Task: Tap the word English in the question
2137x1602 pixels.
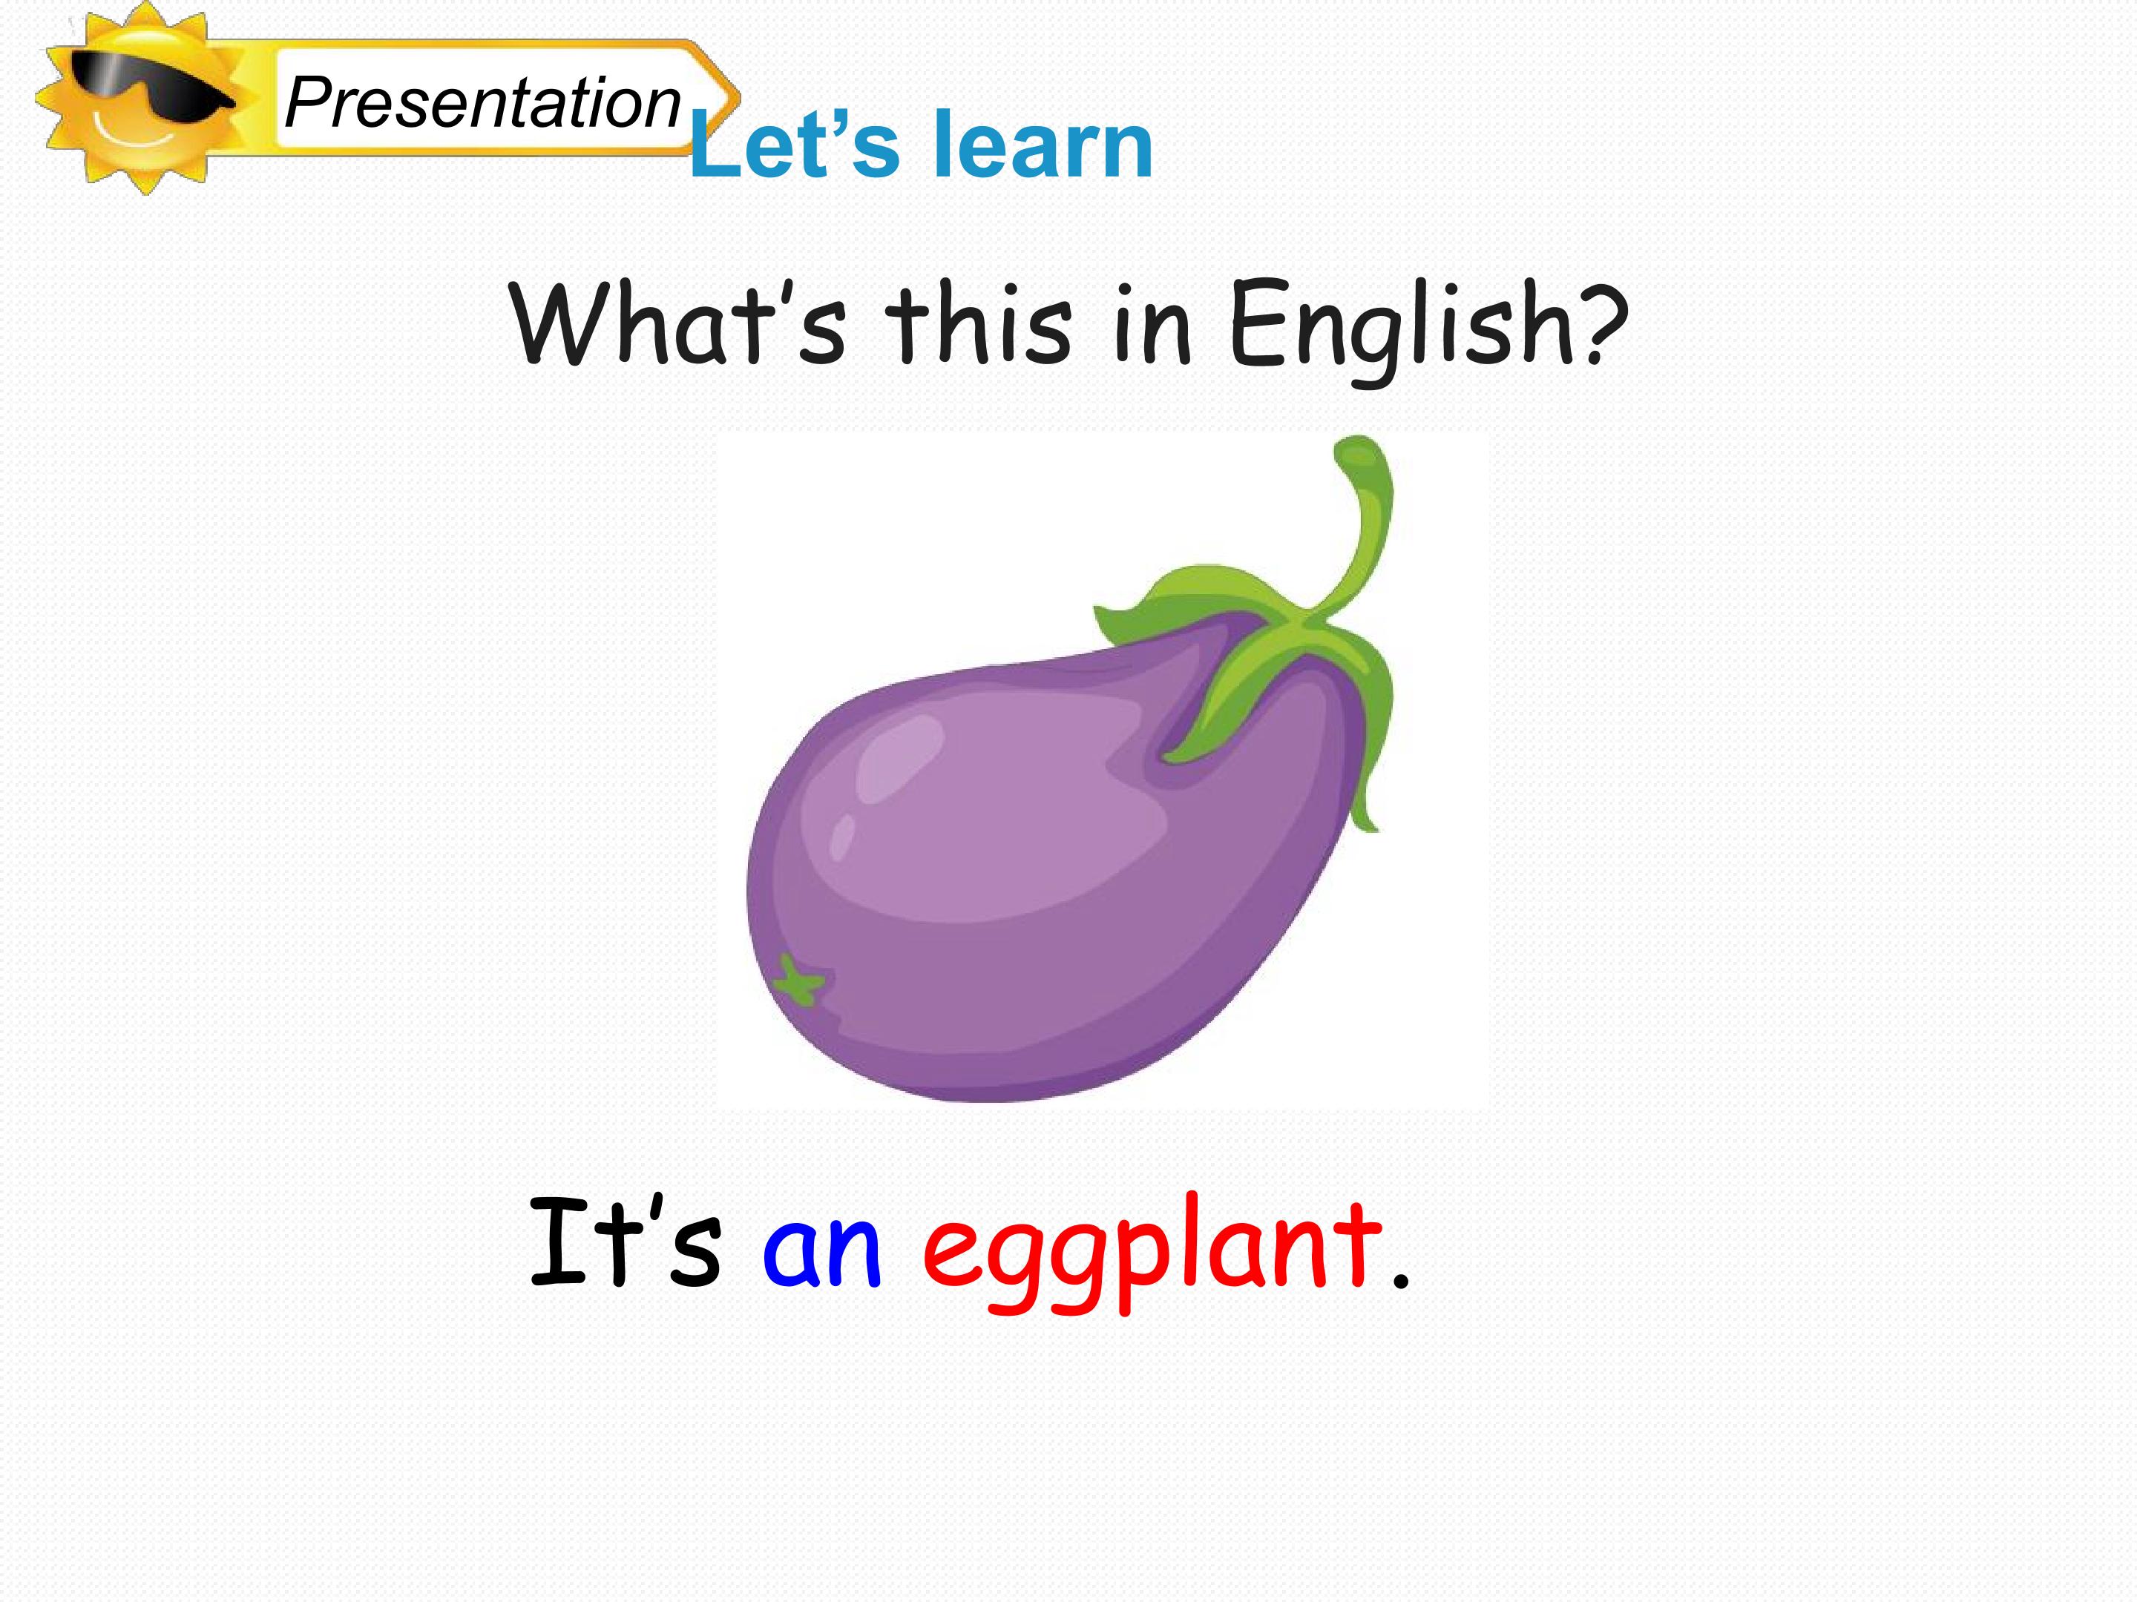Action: [x=1401, y=326]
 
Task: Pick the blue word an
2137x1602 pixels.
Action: [x=822, y=1251]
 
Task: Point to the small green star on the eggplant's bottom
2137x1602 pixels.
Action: [x=800, y=983]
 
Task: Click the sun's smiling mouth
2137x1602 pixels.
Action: [x=135, y=135]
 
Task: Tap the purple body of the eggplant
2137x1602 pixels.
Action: [x=1014, y=917]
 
